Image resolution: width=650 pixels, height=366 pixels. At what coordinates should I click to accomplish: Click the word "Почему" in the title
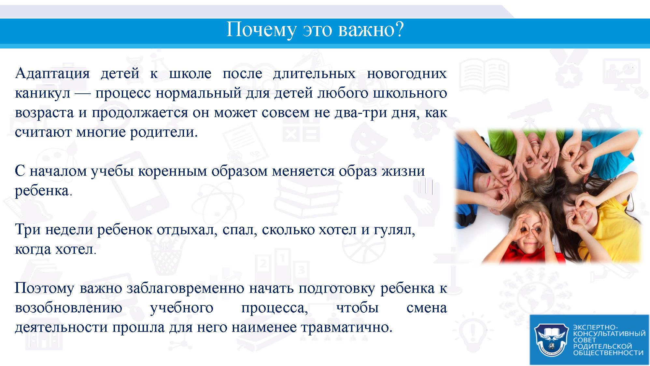point(261,30)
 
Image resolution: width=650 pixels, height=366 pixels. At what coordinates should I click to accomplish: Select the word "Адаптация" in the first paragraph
point(52,74)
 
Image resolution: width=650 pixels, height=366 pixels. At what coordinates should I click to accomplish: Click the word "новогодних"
point(407,74)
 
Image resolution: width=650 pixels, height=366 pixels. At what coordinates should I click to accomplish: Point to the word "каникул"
point(43,93)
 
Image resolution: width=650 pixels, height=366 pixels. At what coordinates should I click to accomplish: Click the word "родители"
point(163,132)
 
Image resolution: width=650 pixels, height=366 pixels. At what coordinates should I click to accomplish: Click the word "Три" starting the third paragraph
point(28,230)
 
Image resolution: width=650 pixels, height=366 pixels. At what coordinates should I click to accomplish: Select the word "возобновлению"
point(69,308)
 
